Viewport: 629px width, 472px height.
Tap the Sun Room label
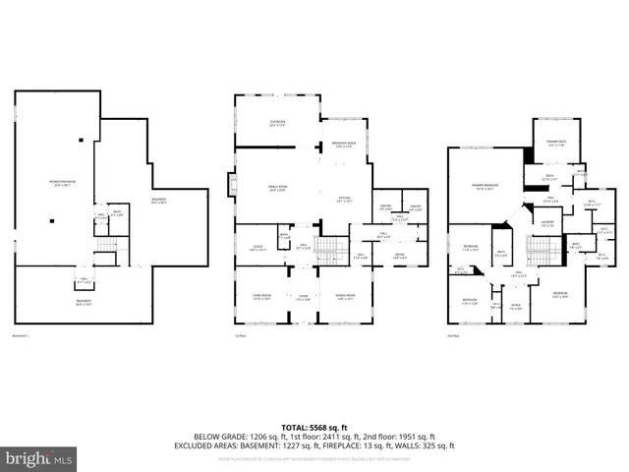[278, 123]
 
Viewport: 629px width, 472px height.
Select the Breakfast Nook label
[344, 144]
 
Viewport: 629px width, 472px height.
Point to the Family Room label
[276, 188]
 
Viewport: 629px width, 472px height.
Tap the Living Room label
[260, 296]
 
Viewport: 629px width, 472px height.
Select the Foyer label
[303, 298]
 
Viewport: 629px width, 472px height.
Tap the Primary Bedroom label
[483, 187]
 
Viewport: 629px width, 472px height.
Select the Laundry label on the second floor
[546, 223]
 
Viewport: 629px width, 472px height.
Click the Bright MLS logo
[39, 458]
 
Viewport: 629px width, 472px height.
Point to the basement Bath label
[116, 211]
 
